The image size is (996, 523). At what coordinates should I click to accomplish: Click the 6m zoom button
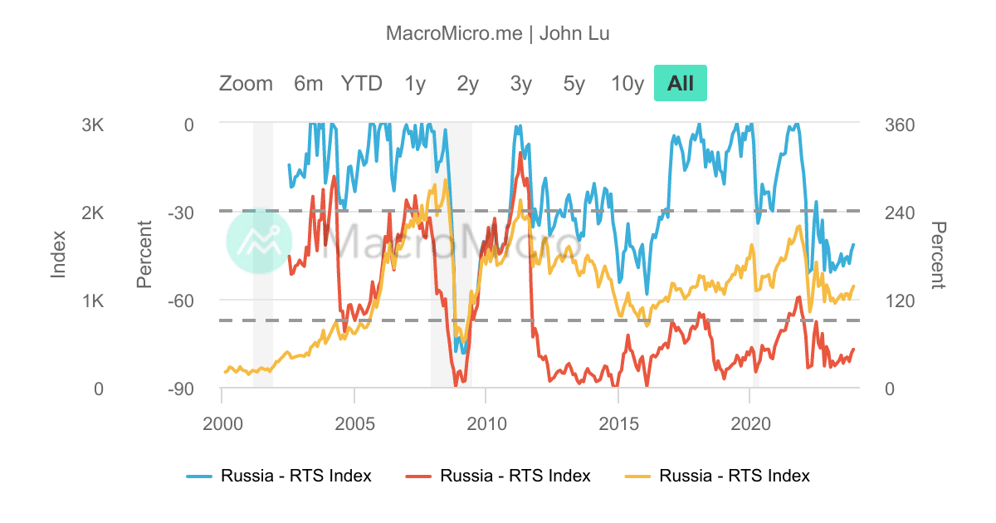pos(308,84)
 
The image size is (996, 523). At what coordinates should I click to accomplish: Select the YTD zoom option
pos(361,84)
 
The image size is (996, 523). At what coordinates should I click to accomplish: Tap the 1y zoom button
pos(415,84)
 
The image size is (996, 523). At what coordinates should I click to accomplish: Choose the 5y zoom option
pos(574,84)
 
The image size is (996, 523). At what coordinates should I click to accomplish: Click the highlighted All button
pos(681,84)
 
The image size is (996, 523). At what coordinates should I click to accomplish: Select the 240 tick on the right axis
pos(900,213)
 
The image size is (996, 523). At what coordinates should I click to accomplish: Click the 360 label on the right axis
pos(900,125)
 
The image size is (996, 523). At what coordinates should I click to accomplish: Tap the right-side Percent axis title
pos(939,256)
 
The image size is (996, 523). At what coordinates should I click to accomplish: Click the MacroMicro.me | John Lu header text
pos(498,34)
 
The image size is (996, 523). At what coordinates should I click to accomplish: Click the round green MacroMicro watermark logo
pos(258,241)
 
